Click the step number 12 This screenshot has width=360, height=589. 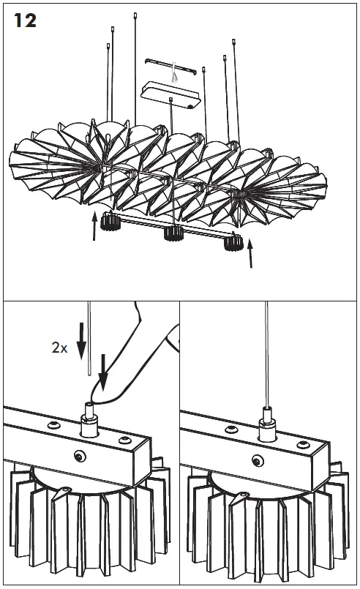click(25, 20)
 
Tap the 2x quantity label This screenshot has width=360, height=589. click(59, 348)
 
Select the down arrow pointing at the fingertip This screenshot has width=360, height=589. click(103, 372)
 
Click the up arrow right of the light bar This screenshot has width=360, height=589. click(250, 254)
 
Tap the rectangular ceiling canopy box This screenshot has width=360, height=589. click(170, 95)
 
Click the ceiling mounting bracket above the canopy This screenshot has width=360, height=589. click(171, 66)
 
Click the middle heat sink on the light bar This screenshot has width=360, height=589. click(173, 233)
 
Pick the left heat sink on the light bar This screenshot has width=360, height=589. click(110, 221)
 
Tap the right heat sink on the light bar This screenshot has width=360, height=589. click(233, 243)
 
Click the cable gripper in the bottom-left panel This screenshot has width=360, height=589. click(90, 421)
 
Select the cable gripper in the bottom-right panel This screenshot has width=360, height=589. click(268, 424)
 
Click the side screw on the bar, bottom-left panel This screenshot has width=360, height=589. click(80, 457)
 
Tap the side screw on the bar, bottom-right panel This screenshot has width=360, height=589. click(258, 459)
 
